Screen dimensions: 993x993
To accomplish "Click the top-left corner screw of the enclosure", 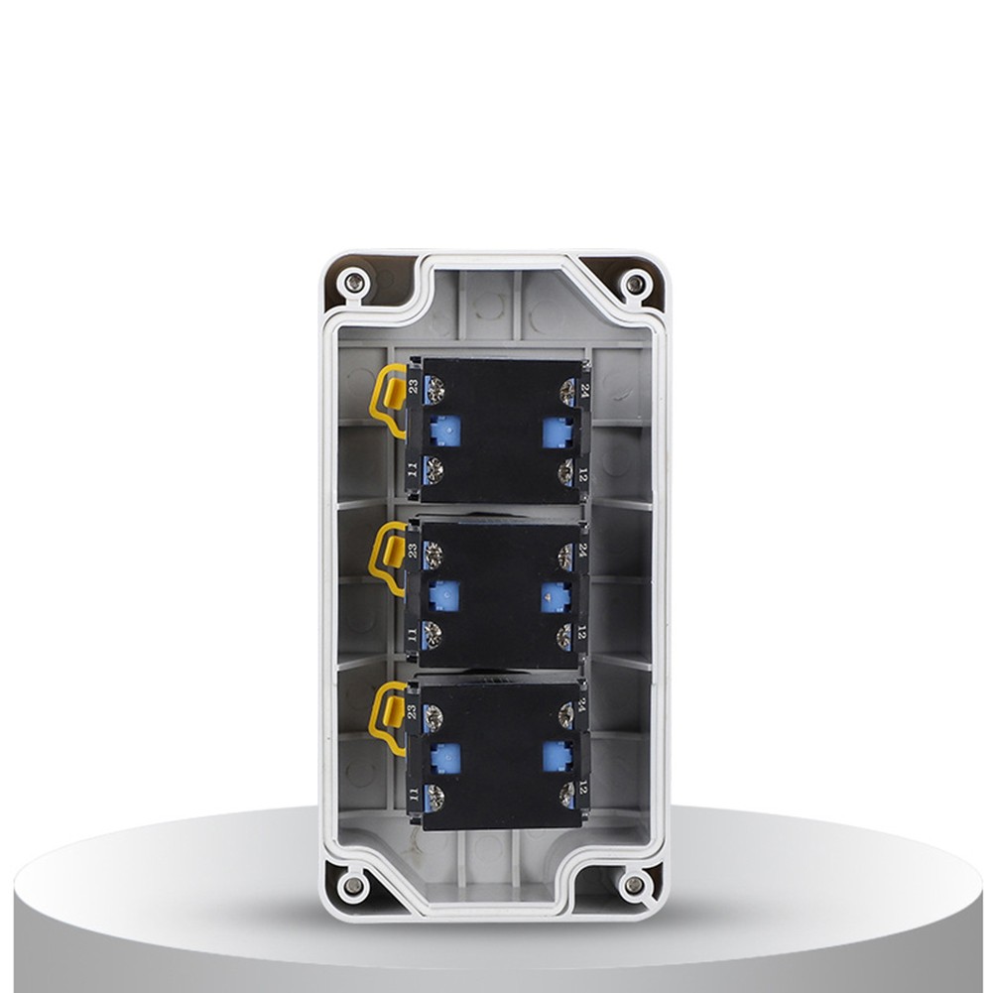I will [353, 285].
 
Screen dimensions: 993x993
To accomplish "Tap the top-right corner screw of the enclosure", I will [635, 285].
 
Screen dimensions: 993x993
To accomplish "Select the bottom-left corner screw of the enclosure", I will [353, 882].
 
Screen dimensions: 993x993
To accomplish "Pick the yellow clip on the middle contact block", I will [387, 559].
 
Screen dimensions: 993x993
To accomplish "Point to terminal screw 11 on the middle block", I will [432, 633].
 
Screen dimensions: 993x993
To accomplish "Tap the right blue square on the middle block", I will [556, 594].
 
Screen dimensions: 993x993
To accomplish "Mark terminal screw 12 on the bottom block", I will [567, 795].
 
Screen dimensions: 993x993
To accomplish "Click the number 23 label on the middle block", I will [412, 549].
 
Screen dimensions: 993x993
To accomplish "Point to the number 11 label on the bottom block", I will [412, 794].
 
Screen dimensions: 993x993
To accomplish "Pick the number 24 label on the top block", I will [585, 390].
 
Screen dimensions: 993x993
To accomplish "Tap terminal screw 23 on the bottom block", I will [434, 714].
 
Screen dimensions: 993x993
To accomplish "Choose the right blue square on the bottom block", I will [557, 756].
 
